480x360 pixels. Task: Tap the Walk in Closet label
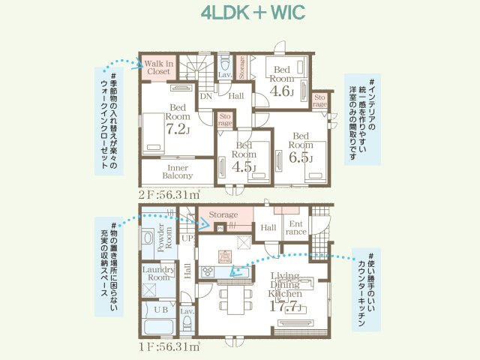click(x=159, y=68)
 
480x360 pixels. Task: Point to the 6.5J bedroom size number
click(x=300, y=158)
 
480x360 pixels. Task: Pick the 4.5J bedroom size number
click(x=244, y=166)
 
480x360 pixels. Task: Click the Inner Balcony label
click(x=178, y=172)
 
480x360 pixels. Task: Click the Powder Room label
click(x=165, y=235)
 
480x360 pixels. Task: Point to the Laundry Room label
click(x=159, y=273)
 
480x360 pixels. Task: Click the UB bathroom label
click(x=160, y=309)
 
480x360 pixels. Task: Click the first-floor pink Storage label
click(x=223, y=214)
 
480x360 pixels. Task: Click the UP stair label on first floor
click(x=187, y=237)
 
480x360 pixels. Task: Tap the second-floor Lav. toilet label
click(x=223, y=76)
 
